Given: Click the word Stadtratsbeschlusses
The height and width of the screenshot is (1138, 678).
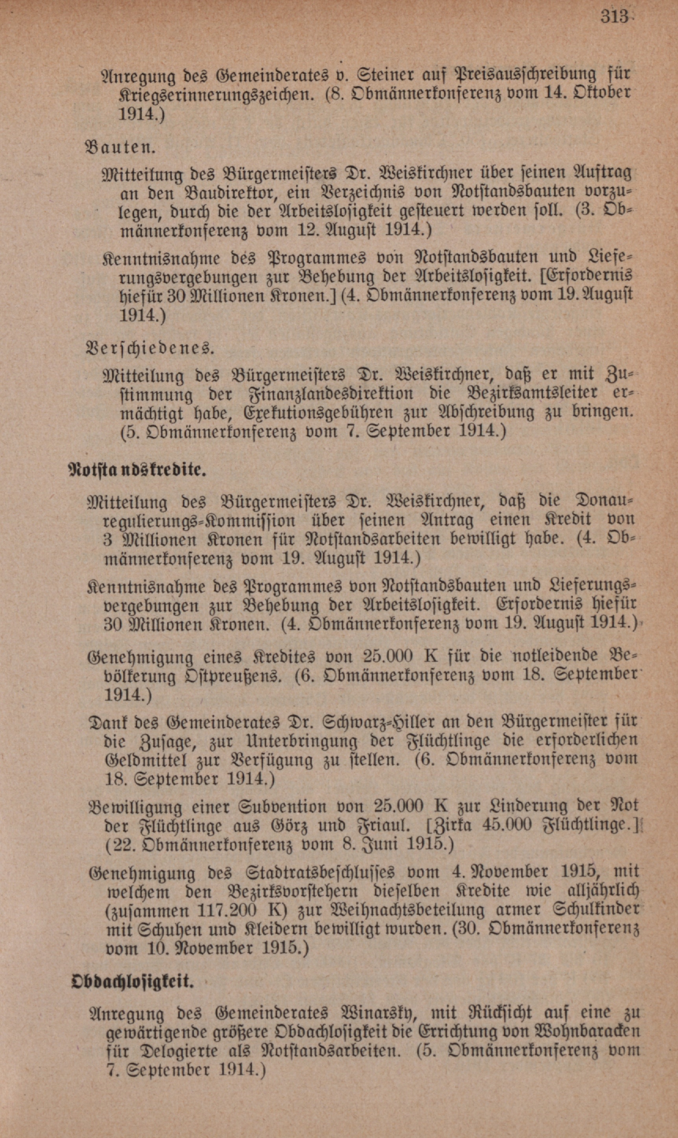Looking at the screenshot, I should [319, 872].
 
